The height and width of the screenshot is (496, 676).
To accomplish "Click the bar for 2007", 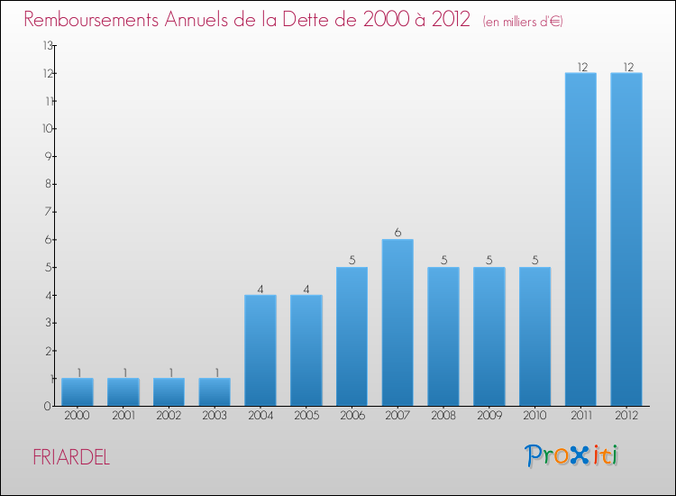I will [x=397, y=322].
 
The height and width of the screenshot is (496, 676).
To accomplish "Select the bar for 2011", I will [x=580, y=239].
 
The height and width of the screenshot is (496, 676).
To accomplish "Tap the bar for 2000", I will [x=78, y=391].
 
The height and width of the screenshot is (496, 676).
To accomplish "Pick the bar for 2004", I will [x=260, y=350].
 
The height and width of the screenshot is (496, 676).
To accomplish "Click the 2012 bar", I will [x=626, y=239].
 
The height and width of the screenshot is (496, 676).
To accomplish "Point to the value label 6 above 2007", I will [x=397, y=232].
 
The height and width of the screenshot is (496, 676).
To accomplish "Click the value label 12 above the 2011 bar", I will [x=580, y=66].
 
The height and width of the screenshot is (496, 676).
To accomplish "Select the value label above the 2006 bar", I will [x=352, y=260].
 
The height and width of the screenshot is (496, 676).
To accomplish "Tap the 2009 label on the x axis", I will [x=489, y=417].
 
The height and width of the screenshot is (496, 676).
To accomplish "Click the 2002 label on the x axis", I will [x=169, y=417].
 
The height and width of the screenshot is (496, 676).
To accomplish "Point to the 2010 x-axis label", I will [x=534, y=417].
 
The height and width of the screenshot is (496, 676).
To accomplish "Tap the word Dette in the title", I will [x=337, y=19].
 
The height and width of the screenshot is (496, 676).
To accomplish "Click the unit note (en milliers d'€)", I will [x=523, y=21].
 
